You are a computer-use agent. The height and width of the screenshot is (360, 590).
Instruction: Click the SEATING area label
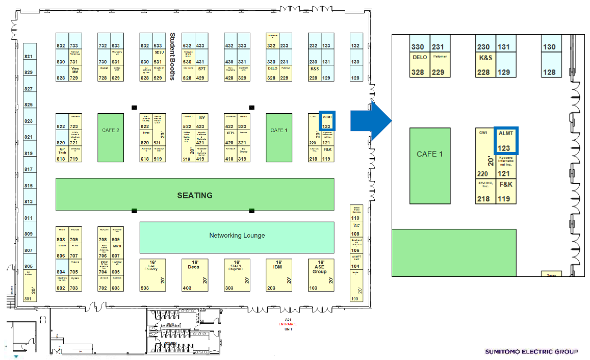point(194,195)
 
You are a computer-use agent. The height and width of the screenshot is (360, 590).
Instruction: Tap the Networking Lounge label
point(237,235)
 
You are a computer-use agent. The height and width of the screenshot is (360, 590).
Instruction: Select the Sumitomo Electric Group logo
point(531,351)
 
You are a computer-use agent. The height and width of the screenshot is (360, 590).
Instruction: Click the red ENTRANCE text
point(288,324)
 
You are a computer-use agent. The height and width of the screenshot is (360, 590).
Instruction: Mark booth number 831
point(29,57)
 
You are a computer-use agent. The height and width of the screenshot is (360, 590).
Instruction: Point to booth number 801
point(29,298)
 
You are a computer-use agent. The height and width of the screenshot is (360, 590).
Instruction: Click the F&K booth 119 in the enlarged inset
point(505,191)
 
